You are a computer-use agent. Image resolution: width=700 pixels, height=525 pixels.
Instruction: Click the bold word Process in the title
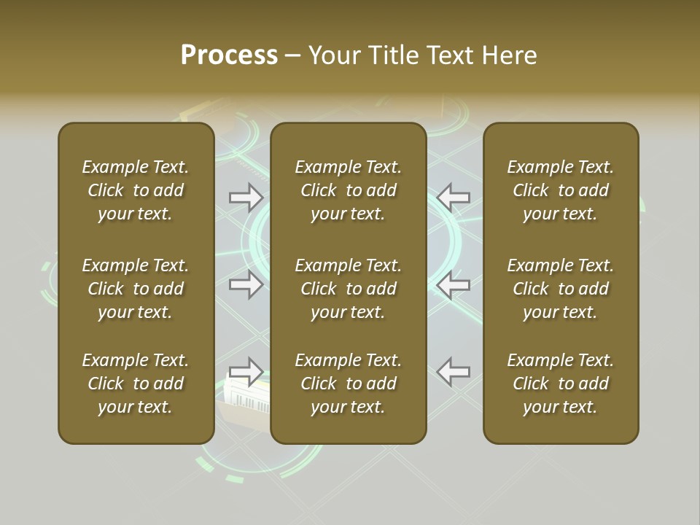pos(229,55)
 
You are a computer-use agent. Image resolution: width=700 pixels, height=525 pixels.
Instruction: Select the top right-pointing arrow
pos(246,197)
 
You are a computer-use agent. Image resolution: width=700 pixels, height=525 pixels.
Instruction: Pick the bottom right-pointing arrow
pos(246,371)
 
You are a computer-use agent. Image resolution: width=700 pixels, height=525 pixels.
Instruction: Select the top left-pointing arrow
pos(454,197)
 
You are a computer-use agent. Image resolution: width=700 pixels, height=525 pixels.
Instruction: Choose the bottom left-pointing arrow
pos(454,371)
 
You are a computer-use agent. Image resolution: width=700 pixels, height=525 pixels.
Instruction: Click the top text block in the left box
pos(136,190)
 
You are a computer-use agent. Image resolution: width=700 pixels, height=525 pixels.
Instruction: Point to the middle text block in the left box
pos(136,289)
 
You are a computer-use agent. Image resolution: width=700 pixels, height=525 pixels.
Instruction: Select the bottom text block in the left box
pos(136,384)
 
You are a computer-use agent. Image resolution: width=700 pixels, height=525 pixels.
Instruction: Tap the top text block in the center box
pos(349,190)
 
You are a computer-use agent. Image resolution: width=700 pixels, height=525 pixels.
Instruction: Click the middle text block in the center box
pos(349,289)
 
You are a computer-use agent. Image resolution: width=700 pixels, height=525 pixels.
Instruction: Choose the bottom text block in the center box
pos(349,384)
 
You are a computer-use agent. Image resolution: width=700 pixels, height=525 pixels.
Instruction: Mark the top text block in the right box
pos(561,190)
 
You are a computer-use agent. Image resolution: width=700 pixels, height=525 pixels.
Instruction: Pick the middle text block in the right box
pos(561,289)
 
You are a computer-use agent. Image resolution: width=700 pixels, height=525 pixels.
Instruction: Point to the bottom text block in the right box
pos(561,384)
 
